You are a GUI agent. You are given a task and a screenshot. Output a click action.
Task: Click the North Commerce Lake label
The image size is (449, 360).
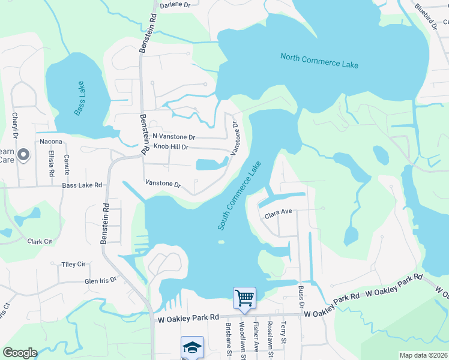[319, 61]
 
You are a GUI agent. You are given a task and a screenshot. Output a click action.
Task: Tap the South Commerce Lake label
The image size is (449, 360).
[240, 195]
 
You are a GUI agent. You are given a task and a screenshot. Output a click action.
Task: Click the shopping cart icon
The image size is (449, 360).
[244, 298]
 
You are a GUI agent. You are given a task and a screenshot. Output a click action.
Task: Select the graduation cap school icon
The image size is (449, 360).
[192, 347]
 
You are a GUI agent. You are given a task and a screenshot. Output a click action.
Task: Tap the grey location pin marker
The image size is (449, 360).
[23, 155]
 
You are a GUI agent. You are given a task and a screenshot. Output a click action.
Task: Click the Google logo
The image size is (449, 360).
[20, 353]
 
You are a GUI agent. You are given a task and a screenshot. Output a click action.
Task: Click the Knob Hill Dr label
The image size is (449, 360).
[171, 147]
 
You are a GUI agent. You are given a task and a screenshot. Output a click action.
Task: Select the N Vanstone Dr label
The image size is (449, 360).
[173, 137]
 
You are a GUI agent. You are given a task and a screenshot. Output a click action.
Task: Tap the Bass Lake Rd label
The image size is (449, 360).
[82, 186]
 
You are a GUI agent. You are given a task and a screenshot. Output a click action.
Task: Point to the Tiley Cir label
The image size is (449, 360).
[74, 265]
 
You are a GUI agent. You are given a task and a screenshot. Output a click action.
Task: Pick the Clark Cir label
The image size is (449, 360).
[40, 242]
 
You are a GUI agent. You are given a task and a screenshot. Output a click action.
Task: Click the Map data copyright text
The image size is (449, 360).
[423, 355]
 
